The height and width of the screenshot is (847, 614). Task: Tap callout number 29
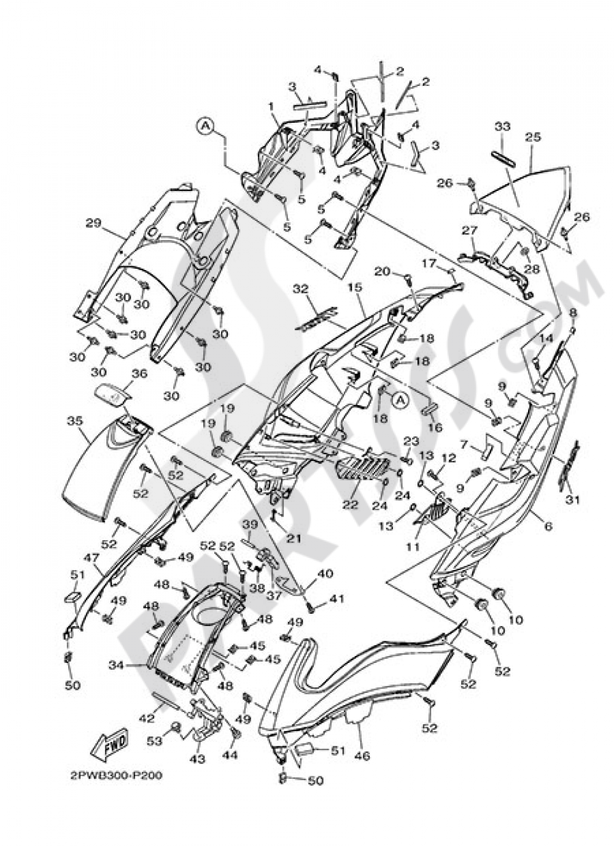point(93,223)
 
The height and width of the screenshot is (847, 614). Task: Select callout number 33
point(502,126)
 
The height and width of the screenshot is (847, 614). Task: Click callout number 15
point(354,287)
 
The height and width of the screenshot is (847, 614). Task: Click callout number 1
point(271,107)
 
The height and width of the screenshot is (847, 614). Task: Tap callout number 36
point(139,374)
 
